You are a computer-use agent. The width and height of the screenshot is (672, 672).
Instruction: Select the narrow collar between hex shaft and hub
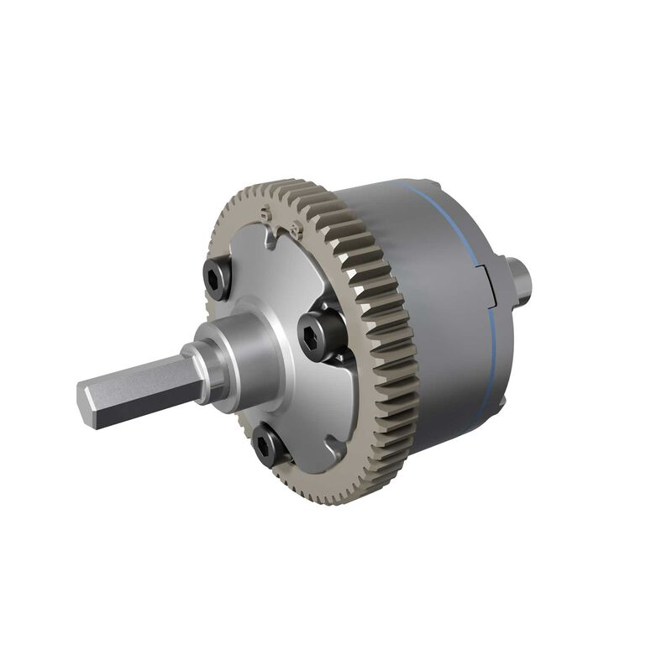(214, 370)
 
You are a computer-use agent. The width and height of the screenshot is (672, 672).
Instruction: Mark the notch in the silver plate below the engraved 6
(270, 244)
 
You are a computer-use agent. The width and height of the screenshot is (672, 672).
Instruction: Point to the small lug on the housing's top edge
(428, 187)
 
